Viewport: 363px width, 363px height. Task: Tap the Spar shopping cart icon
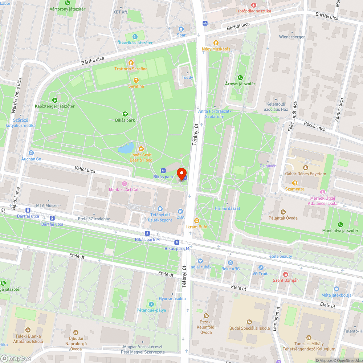point(181,29)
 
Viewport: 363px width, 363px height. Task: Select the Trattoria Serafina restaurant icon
point(131,62)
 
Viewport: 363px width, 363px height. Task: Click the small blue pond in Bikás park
point(126,148)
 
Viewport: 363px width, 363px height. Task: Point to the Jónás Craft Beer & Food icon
point(141,148)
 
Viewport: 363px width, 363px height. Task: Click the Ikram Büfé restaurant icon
point(196,220)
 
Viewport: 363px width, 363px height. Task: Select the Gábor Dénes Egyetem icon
point(305,167)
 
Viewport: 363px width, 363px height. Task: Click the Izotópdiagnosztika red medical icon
point(254,5)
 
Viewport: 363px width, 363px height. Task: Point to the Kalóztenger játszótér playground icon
point(54,100)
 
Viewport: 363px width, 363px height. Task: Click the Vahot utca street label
point(85,170)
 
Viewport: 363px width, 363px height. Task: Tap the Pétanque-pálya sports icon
point(151,304)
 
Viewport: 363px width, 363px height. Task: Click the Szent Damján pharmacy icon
point(286,274)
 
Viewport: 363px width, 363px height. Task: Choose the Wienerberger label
point(291,37)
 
